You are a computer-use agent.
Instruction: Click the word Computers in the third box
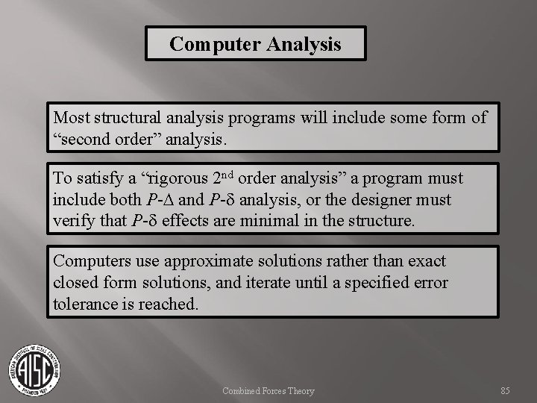coord(91,262)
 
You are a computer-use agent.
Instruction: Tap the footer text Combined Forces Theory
coord(269,390)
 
